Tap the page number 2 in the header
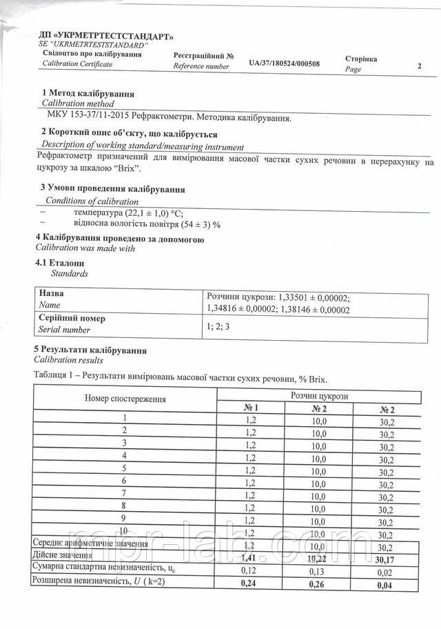[x=419, y=66]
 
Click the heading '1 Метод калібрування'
[x=88, y=93]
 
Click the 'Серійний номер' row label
[x=72, y=319]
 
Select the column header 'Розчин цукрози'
[x=319, y=395]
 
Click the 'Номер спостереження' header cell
[x=125, y=400]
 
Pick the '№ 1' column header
[x=251, y=408]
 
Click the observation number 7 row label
[x=125, y=494]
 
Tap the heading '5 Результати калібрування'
[x=90, y=350]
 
